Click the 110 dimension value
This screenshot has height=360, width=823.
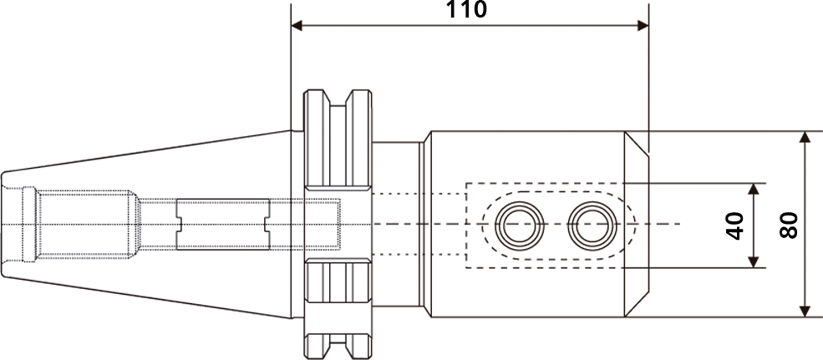click(466, 9)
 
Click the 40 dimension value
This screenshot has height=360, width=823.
click(736, 226)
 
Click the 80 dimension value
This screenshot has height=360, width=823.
click(789, 226)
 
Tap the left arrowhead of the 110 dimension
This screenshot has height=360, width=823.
click(297, 26)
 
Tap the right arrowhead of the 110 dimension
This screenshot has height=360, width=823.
click(643, 26)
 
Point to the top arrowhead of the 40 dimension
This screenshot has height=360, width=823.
click(754, 190)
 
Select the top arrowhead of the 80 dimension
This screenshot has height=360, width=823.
click(805, 137)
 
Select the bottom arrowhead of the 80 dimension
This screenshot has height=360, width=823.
click(805, 312)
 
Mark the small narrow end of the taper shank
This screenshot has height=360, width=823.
click(3, 224)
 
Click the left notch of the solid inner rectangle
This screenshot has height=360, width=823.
click(179, 225)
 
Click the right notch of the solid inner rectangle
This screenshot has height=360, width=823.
click(267, 225)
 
